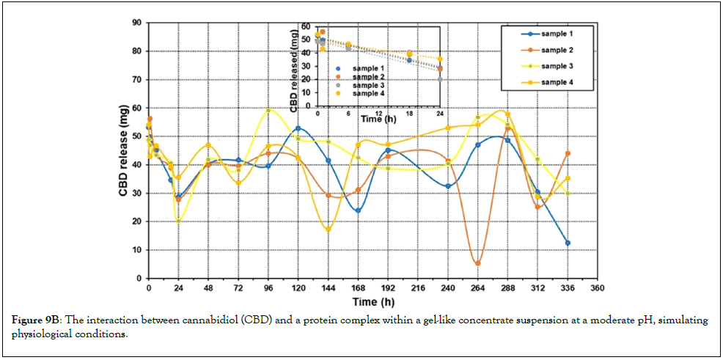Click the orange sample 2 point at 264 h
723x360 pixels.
pyautogui.click(x=477, y=263)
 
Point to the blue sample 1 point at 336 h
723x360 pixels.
pyautogui.click(x=568, y=243)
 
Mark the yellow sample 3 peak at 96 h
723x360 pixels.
pyautogui.click(x=268, y=111)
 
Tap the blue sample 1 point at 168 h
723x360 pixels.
pyautogui.click(x=359, y=210)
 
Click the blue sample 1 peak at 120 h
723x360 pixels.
pyautogui.click(x=298, y=128)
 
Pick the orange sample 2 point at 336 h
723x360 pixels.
pyautogui.click(x=568, y=153)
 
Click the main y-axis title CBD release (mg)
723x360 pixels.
pyautogui.click(x=124, y=150)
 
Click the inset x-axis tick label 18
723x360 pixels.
pyautogui.click(x=409, y=113)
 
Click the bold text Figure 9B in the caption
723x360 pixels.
pyautogui.click(x=33, y=320)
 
